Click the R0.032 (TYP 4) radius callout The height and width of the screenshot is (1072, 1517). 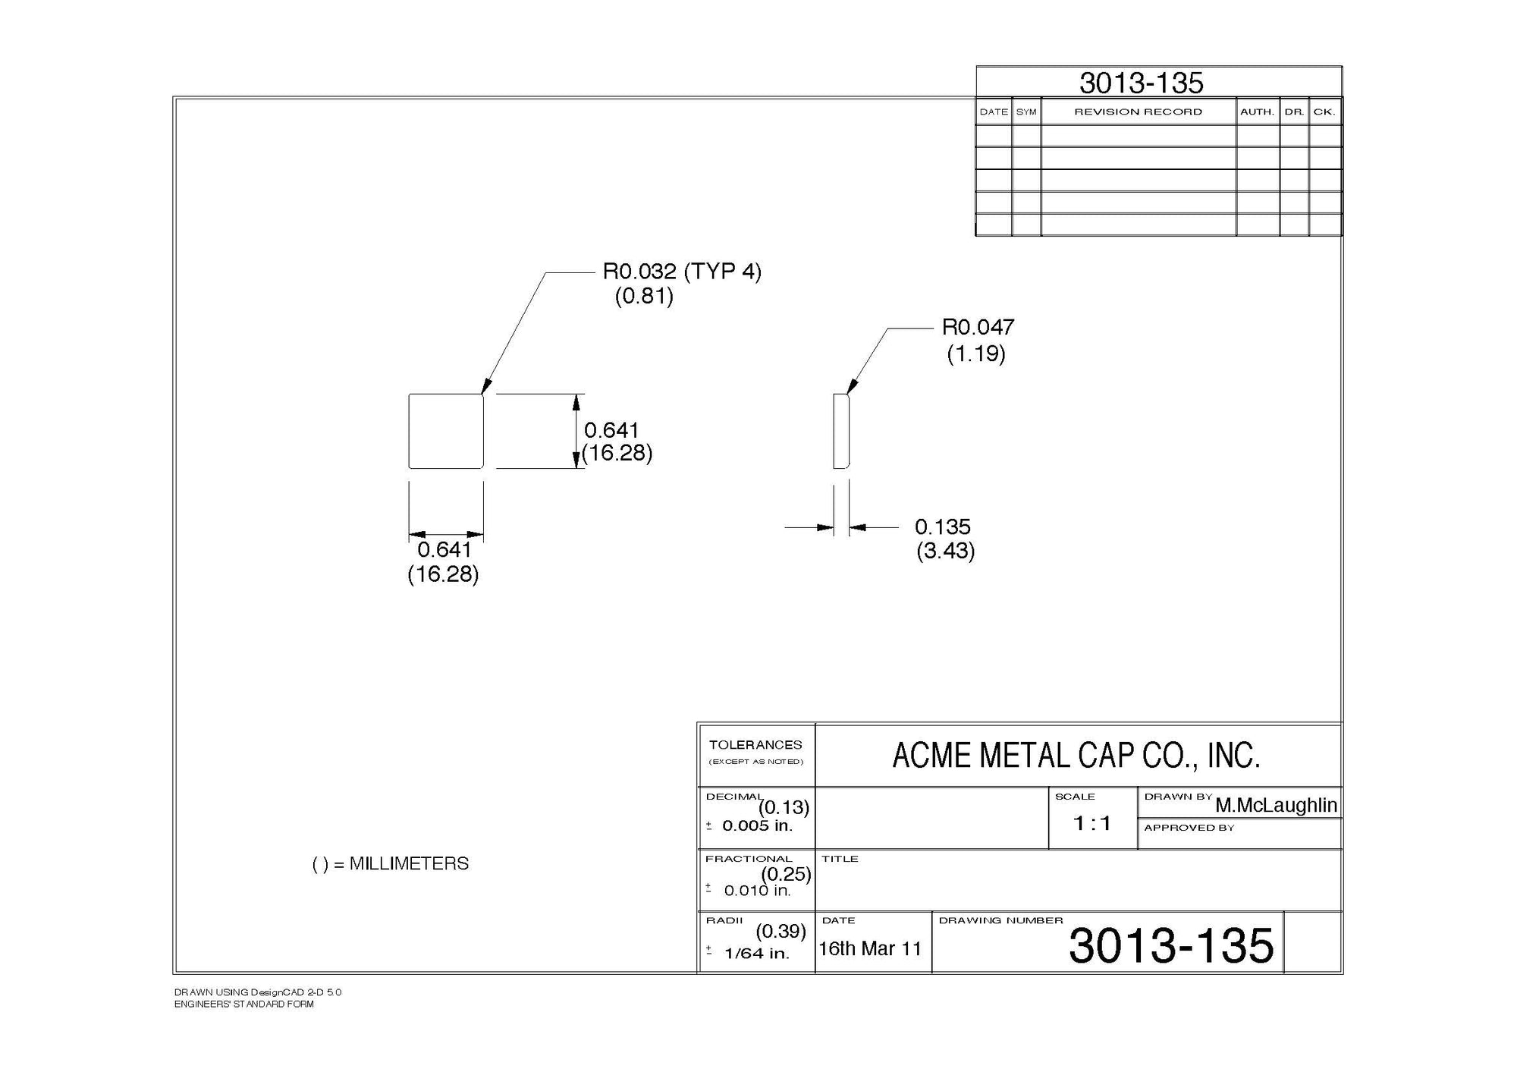point(681,272)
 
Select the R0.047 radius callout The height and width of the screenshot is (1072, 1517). point(978,328)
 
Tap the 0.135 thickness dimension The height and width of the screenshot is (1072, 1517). point(942,527)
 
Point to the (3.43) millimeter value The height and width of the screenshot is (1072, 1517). point(945,551)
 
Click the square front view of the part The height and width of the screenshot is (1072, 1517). point(446,431)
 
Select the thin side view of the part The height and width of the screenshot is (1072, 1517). point(840,431)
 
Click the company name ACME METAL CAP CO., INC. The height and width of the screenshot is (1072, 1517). point(1076,756)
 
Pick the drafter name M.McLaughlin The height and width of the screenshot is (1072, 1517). point(1276,805)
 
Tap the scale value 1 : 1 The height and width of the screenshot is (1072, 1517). point(1091,823)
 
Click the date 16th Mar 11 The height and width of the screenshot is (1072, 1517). point(870,948)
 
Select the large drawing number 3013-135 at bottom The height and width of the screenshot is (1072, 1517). point(1171,945)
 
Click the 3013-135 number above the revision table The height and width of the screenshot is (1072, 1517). point(1141,83)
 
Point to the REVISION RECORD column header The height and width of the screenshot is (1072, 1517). point(1138,112)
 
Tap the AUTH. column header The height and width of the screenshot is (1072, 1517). point(1257,112)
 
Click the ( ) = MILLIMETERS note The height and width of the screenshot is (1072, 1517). point(391,864)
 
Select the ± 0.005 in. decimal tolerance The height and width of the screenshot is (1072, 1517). point(751,826)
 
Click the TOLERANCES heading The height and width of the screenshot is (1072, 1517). point(755,745)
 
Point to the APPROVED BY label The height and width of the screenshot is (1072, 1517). point(1189,828)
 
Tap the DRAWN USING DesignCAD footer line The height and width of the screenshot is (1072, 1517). point(258,992)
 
